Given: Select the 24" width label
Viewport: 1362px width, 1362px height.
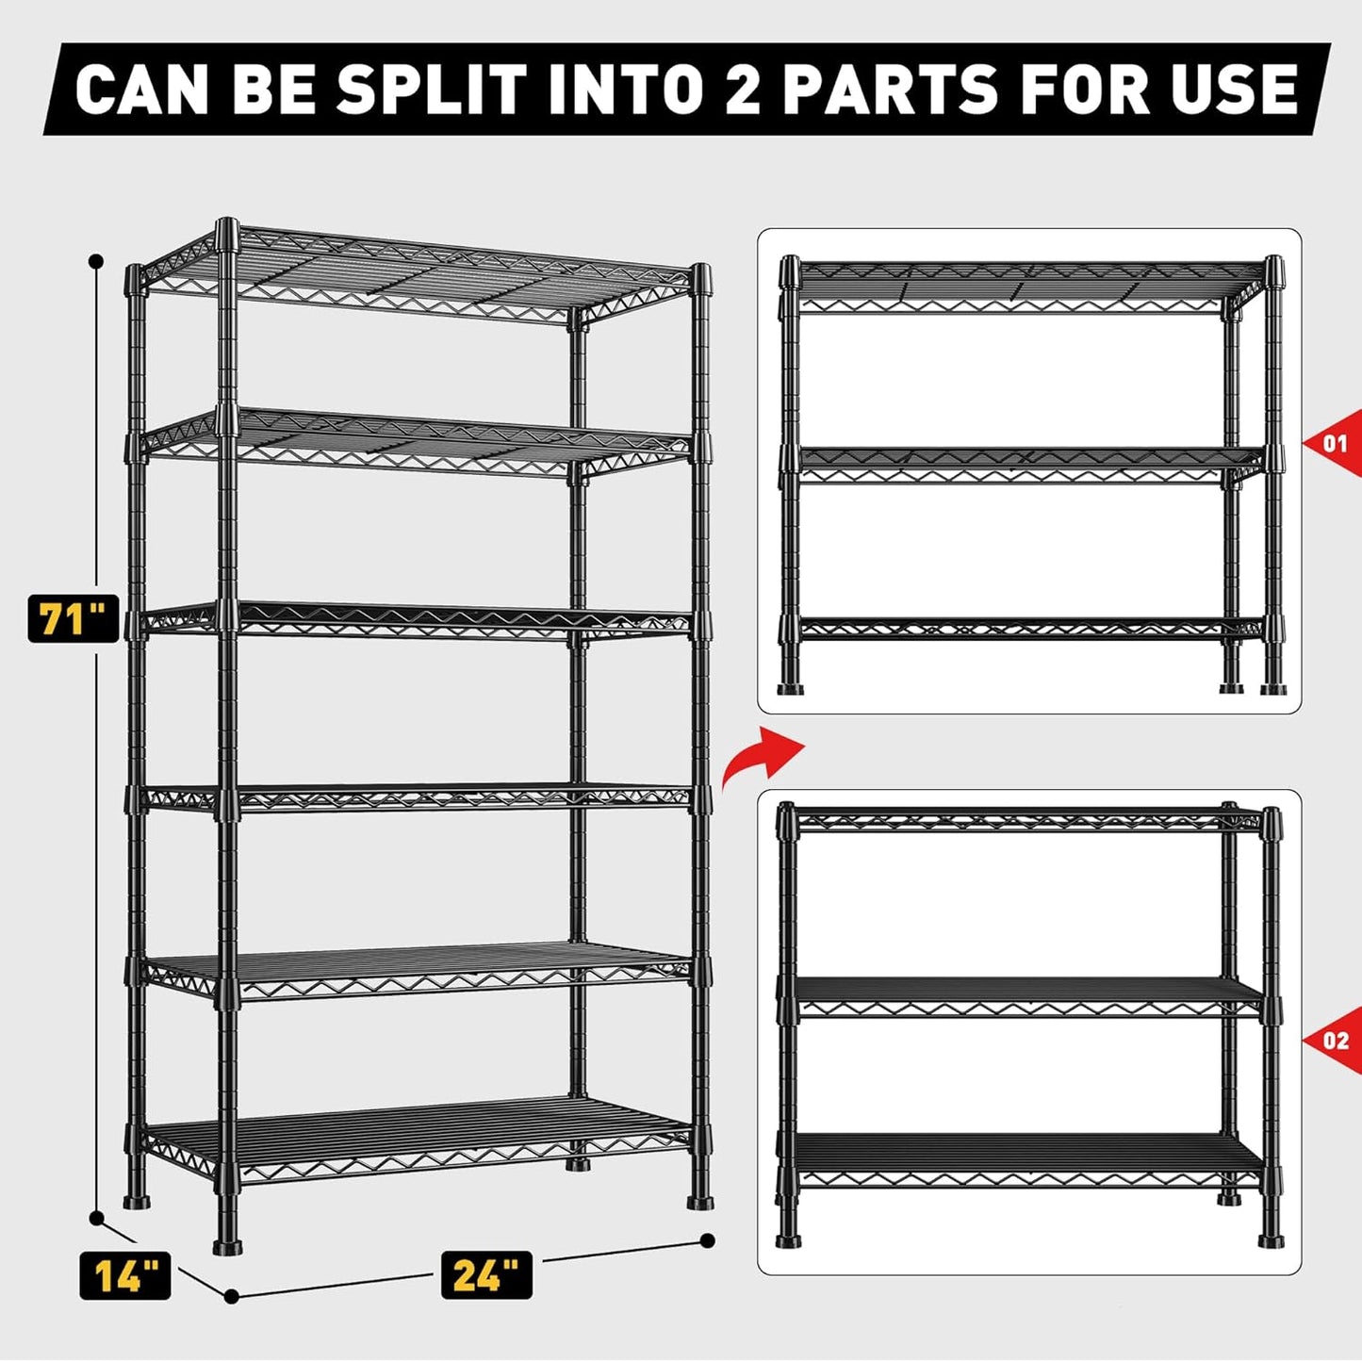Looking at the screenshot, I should click(486, 1275).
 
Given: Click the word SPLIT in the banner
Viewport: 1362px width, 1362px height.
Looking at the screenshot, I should click(429, 90).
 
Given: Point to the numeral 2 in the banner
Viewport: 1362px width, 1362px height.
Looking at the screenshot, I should click(742, 90).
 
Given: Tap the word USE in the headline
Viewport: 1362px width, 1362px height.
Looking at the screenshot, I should click(1229, 90).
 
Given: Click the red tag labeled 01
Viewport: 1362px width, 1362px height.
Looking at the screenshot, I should click(1335, 443).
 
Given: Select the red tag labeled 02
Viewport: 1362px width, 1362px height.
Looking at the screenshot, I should click(1335, 1041).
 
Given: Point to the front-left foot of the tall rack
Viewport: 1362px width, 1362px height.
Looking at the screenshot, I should click(227, 1246).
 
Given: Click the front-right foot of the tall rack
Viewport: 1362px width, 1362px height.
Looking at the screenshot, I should click(699, 1201).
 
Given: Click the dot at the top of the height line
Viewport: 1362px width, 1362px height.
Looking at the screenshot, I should click(94, 260).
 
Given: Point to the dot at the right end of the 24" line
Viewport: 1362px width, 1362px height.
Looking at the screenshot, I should click(708, 1240).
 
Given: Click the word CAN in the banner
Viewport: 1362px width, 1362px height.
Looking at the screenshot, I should click(141, 90).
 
